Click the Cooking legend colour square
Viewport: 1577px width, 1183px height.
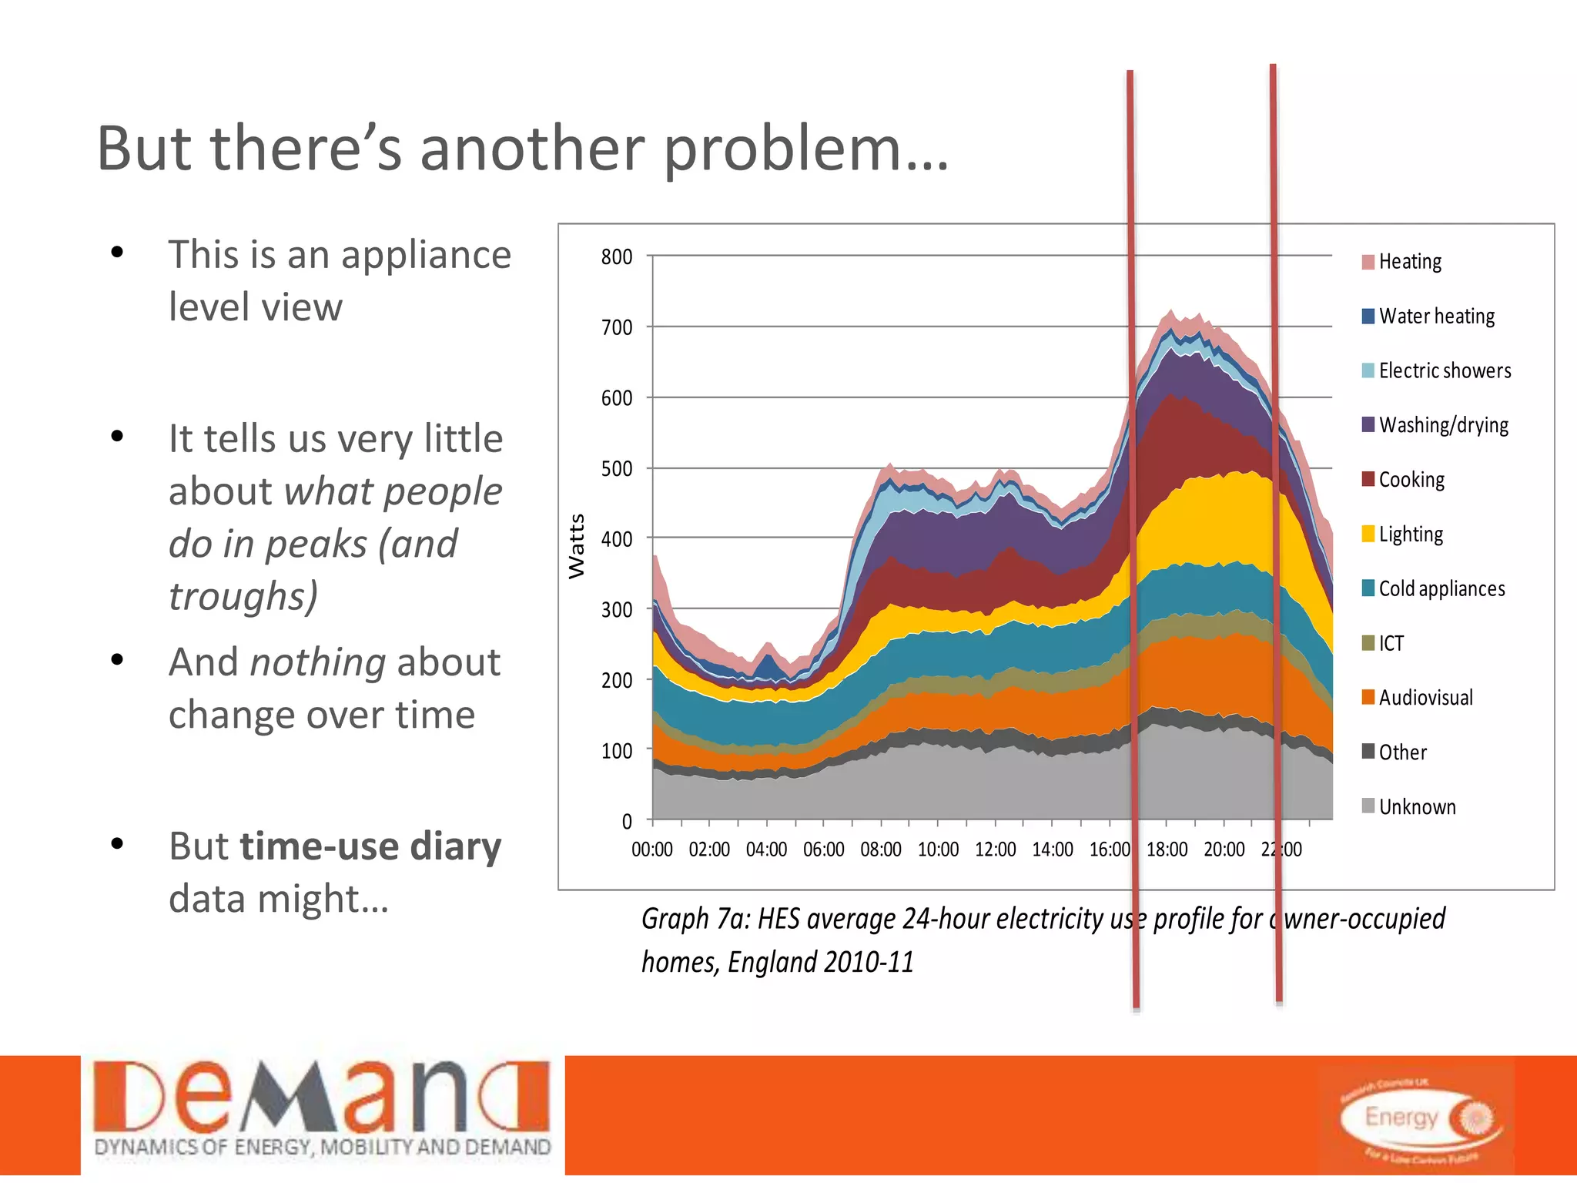pos(1368,479)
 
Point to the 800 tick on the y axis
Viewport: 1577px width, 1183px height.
pos(617,256)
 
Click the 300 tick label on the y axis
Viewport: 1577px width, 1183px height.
pos(617,610)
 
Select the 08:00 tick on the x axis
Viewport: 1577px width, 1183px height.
pos(881,850)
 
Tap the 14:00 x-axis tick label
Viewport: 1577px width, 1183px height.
pos(1053,850)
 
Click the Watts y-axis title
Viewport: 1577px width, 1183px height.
pos(577,545)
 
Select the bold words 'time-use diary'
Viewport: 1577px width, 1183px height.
pos(370,846)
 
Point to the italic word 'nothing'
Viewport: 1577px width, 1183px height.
pos(318,662)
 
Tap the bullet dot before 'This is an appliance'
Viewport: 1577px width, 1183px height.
pos(117,253)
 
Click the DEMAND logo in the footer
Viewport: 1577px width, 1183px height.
pos(323,1109)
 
